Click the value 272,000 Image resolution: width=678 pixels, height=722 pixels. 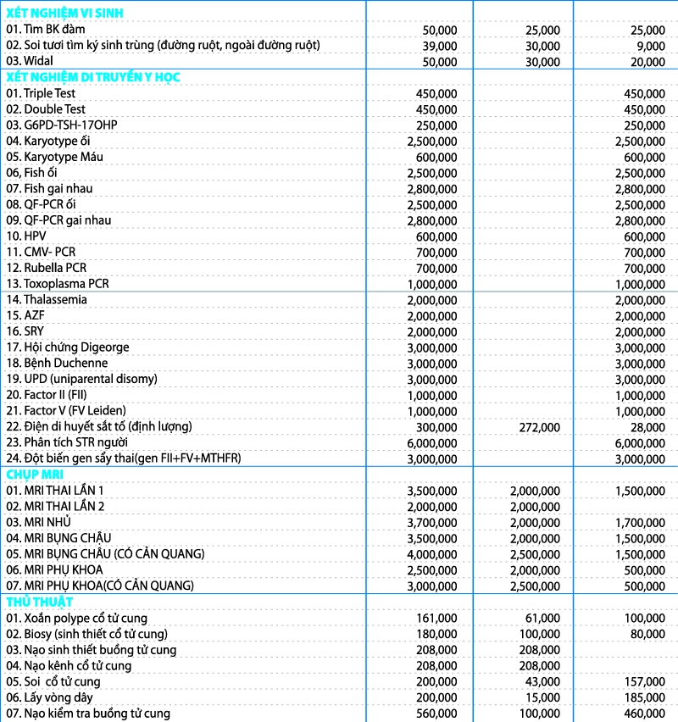(x=538, y=426)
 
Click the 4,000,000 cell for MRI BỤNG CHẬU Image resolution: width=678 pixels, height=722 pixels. (x=432, y=553)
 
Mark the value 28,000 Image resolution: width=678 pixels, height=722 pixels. (x=647, y=426)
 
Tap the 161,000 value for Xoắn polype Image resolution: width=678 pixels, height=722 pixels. (x=436, y=618)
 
